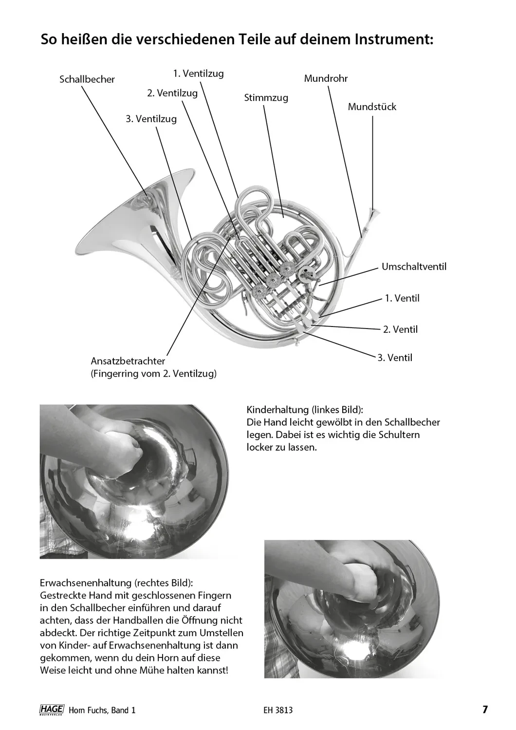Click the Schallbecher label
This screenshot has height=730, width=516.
click(x=87, y=79)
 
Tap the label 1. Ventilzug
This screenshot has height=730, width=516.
click(x=198, y=73)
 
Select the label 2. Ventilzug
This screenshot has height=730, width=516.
click(x=172, y=93)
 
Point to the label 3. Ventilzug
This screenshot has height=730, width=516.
click(x=151, y=118)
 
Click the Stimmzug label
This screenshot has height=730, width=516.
click(x=266, y=98)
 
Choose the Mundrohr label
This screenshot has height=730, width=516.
click(x=326, y=78)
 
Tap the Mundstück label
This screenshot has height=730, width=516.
click(x=372, y=107)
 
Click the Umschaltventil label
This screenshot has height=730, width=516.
click(x=414, y=267)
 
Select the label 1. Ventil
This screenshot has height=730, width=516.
click(x=402, y=298)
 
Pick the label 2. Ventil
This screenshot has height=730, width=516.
click(x=400, y=329)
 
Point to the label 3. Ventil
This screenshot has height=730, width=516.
click(x=395, y=358)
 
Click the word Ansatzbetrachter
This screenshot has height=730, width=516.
click(x=128, y=362)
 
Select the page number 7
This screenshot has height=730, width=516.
click(x=484, y=710)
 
